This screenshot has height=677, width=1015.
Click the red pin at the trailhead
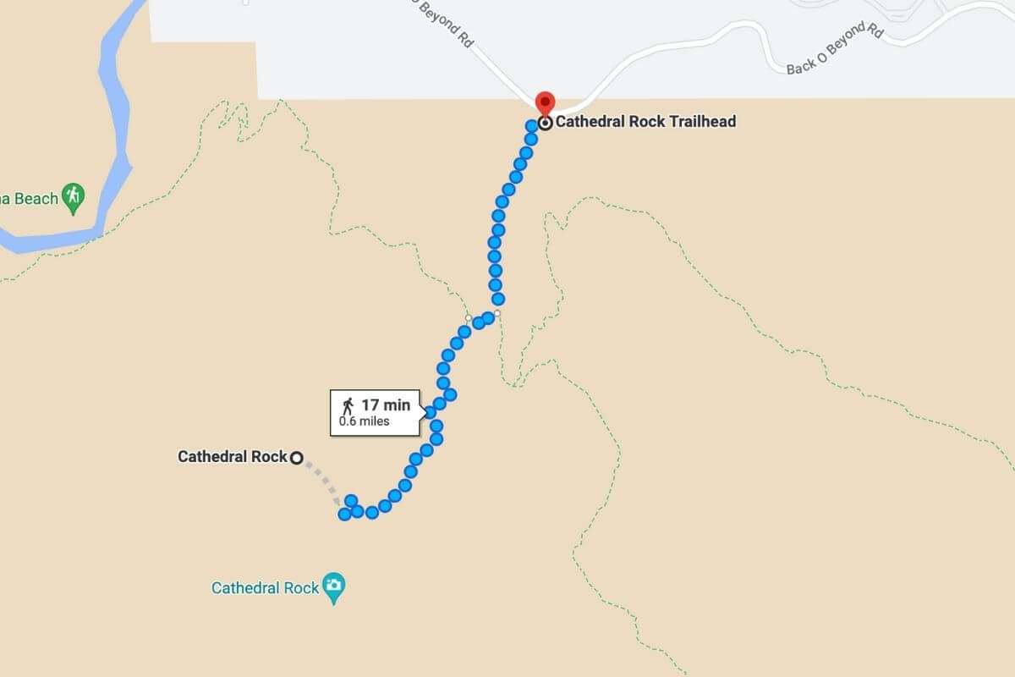coord(546,102)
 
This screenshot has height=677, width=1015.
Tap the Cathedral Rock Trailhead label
coord(645,122)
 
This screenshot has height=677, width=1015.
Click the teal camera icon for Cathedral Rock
coord(335,586)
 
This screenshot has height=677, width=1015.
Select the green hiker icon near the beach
coord(74,198)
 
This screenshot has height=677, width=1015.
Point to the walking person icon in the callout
coord(348,405)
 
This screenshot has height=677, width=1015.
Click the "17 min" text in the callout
coord(386,405)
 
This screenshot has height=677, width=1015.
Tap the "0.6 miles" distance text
coord(365,421)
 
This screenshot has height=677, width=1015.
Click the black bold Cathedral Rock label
coord(233,457)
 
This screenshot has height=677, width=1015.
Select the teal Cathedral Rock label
coord(265,587)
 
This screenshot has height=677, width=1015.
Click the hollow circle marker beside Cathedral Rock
coord(296,458)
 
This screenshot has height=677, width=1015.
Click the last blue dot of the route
coord(345,514)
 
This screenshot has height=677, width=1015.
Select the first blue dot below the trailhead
coord(532,126)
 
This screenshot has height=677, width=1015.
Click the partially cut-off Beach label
coord(30,199)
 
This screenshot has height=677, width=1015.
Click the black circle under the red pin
coord(546,123)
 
